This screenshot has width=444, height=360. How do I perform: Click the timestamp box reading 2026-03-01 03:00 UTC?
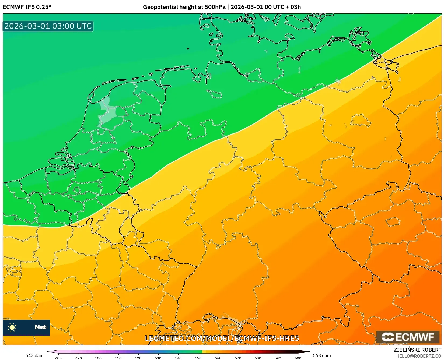[48, 26]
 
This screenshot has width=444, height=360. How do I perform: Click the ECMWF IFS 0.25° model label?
[27, 7]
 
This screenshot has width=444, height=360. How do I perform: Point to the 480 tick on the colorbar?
[58, 358]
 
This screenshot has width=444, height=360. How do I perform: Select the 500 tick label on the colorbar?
[98, 358]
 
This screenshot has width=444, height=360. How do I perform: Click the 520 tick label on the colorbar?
[138, 358]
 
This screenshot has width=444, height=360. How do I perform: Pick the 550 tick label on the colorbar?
[198, 358]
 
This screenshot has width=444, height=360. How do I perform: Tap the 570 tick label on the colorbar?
[238, 358]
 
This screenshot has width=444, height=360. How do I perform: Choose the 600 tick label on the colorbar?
[298, 358]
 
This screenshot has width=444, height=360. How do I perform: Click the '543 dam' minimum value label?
[34, 355]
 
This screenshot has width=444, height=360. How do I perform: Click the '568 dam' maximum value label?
[322, 355]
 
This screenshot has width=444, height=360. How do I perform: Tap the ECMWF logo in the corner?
[408, 337]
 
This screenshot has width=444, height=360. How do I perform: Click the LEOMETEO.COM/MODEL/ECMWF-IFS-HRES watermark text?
[222, 338]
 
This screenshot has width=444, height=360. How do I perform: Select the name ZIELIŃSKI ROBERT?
[418, 350]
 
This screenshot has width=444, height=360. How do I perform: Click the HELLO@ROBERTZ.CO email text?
[419, 356]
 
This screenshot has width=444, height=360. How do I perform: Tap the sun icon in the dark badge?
[12, 327]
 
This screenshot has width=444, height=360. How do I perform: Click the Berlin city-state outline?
[361, 120]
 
